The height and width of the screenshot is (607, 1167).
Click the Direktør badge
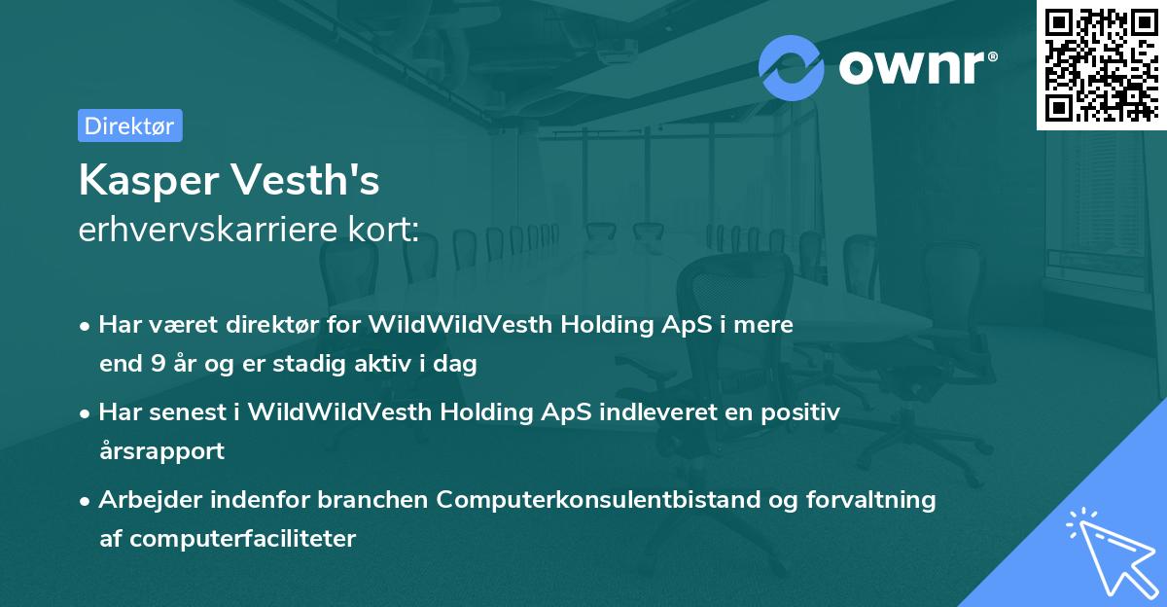click(129, 125)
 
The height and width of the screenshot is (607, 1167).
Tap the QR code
click(1100, 65)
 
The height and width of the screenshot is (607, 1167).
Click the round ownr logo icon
click(792, 67)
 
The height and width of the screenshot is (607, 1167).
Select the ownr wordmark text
click(916, 67)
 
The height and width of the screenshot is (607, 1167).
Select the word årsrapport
click(161, 450)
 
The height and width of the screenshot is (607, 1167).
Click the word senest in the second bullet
click(188, 412)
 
